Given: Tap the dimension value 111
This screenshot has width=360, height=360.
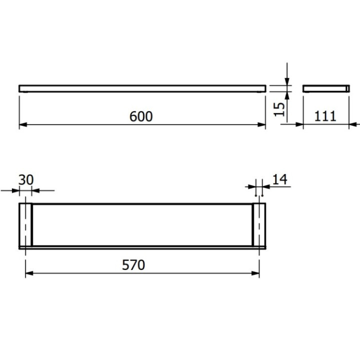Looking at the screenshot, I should click(325, 116).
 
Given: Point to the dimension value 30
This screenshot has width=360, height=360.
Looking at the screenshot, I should click(26, 179).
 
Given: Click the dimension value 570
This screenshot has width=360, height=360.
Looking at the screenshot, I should click(134, 264).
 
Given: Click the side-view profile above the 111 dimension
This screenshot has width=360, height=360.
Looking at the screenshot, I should click(325, 88).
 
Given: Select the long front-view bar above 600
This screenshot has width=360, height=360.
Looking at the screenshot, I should click(141, 88).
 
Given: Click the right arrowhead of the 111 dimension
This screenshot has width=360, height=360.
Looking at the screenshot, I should click(352, 124).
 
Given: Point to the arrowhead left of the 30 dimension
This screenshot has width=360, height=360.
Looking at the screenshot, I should click(15, 190).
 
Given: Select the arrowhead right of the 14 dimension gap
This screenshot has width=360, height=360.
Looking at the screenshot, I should click(265, 186).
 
